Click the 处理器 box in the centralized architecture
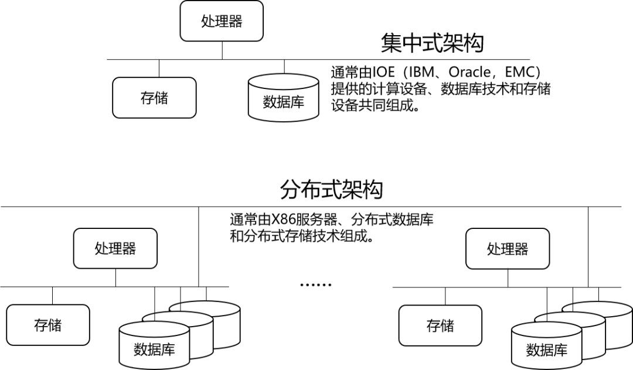click(x=222, y=22)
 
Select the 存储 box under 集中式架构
click(x=154, y=98)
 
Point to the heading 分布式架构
click(x=331, y=190)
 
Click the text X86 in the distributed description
click(x=284, y=221)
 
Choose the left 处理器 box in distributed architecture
click(x=115, y=249)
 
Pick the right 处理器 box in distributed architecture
click(x=508, y=249)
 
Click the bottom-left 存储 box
click(x=48, y=325)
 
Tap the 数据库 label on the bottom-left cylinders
click(x=154, y=350)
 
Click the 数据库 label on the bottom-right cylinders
click(x=546, y=350)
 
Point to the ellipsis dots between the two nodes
click(x=316, y=285)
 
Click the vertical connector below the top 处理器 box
click(x=222, y=50)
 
